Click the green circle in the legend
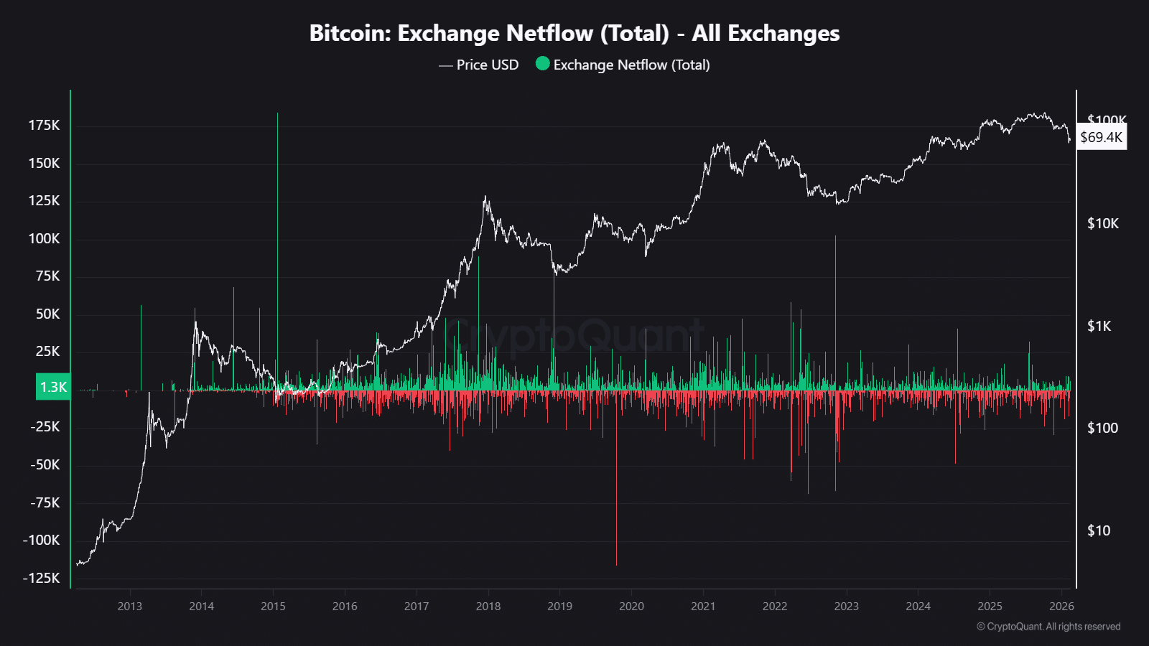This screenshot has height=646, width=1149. pos(543,64)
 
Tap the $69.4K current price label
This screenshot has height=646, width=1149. pos(1101,137)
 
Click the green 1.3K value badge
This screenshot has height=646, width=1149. pos(53,387)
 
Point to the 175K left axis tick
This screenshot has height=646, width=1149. pos(45,126)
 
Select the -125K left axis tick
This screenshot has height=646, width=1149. pos(42,578)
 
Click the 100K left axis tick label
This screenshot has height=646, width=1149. pos(45,238)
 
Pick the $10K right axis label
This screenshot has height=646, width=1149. pos(1102,223)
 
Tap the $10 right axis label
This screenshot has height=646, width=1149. pos(1098,530)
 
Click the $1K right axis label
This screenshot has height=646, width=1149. pos(1099,326)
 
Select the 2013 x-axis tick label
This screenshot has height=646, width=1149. pos(130,606)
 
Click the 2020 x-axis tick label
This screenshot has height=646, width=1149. pos(631,606)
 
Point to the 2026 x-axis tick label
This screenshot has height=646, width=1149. pos(1061,606)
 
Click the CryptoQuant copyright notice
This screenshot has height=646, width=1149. pos(1048,627)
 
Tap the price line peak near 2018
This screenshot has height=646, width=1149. pos(485,197)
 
